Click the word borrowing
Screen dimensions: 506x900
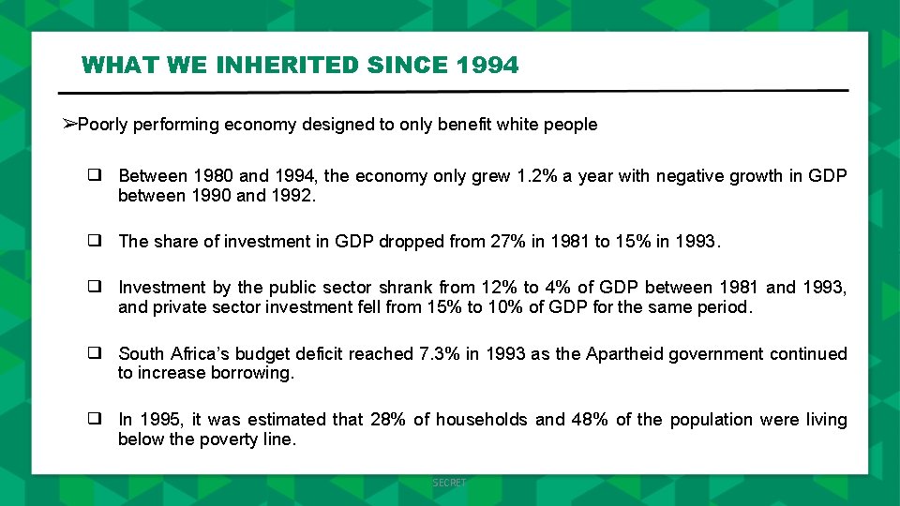(252, 373)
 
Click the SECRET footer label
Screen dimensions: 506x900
(449, 483)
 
